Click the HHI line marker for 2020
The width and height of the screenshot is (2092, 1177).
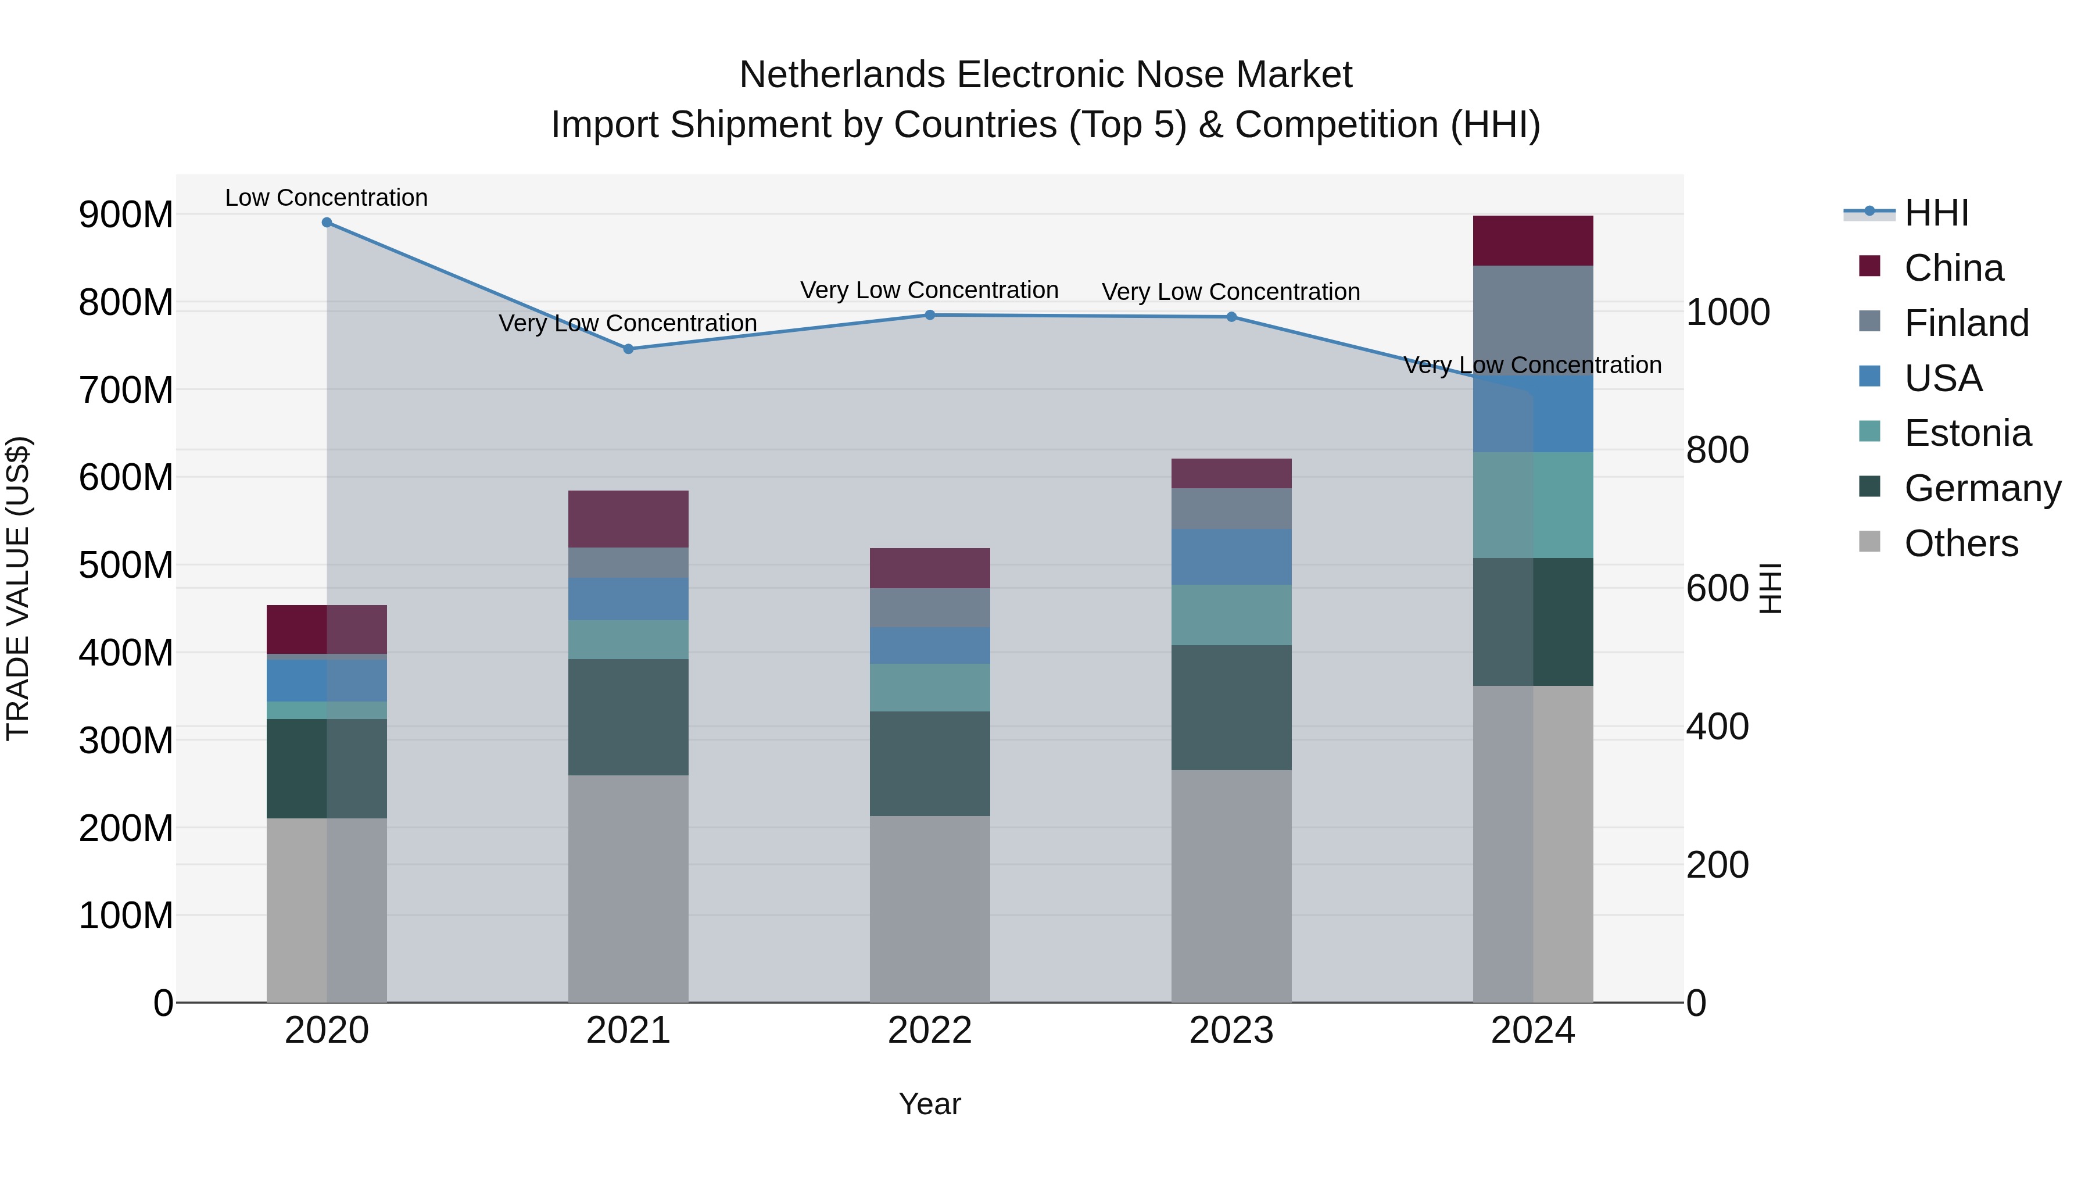pos(327,223)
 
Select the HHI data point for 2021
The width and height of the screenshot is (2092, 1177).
pos(628,349)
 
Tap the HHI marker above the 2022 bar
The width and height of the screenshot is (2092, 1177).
pos(930,315)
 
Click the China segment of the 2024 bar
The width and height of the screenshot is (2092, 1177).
pos(1532,241)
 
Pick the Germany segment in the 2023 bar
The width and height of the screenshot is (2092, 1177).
pos(1231,707)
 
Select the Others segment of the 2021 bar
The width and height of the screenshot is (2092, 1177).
pos(628,889)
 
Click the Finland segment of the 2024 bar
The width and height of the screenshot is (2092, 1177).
pos(1532,320)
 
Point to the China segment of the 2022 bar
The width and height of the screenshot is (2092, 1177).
pos(930,568)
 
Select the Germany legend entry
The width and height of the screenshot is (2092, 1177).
pos(1982,488)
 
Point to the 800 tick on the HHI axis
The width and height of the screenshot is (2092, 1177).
pos(1717,450)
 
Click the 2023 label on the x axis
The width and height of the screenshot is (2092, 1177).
pos(1231,1031)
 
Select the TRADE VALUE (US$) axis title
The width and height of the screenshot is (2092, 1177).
pos(19,588)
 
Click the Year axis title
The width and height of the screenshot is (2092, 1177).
pos(929,1104)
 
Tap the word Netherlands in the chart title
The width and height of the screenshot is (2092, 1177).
pos(842,75)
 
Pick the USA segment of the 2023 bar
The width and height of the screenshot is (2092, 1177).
pos(1231,556)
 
